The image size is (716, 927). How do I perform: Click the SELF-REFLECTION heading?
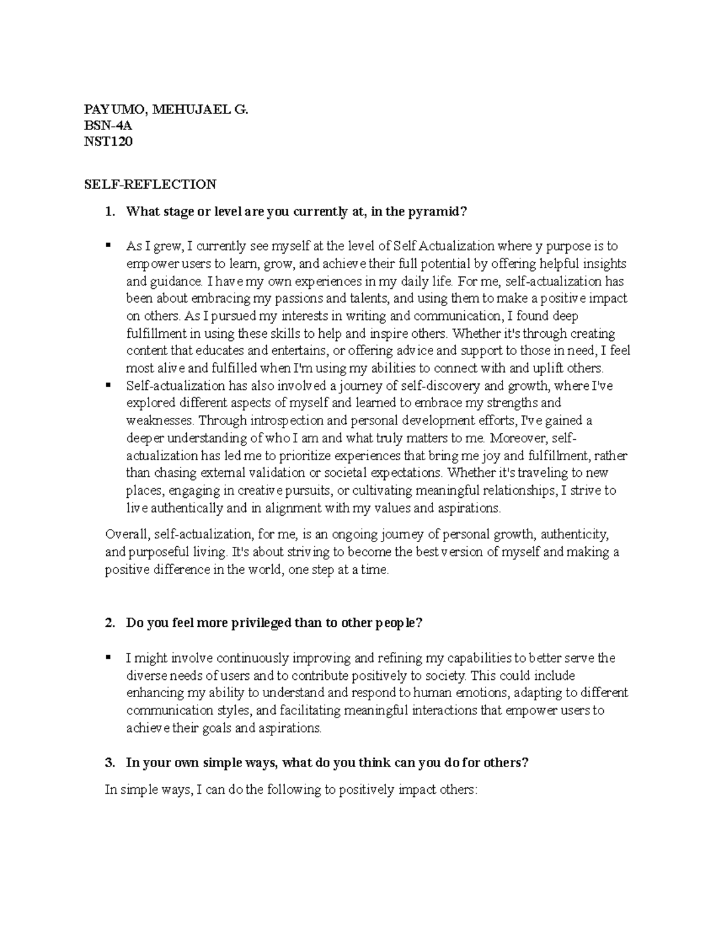pos(150,184)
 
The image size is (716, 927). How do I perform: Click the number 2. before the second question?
pos(109,623)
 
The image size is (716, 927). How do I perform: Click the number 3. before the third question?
pos(109,762)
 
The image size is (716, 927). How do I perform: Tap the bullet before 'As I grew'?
pos(108,245)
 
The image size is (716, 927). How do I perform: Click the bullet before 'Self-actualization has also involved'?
pos(108,385)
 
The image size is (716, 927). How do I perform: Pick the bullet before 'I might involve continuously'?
pos(108,658)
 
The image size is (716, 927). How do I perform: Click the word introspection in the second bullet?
pos(281,420)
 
